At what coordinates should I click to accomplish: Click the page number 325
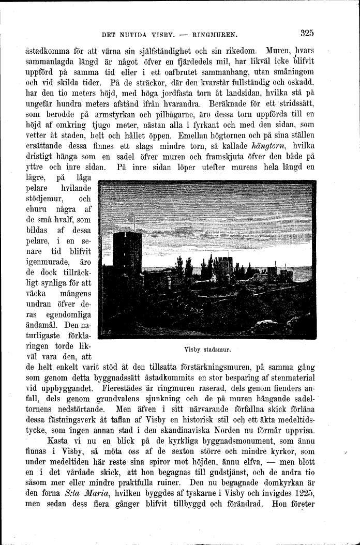[306, 34]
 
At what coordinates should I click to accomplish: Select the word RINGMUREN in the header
[214, 36]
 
